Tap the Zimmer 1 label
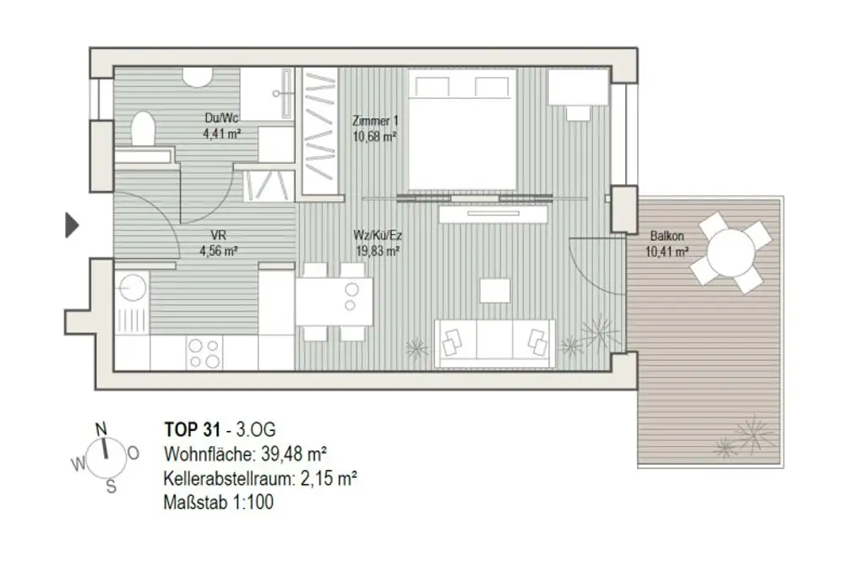[374, 122]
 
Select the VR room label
[218, 237]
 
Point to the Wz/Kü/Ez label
[376, 237]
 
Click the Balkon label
[667, 238]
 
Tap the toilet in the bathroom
[142, 131]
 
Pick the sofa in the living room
[494, 342]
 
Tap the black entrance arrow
[72, 225]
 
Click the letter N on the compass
[101, 429]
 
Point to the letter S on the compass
[111, 486]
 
